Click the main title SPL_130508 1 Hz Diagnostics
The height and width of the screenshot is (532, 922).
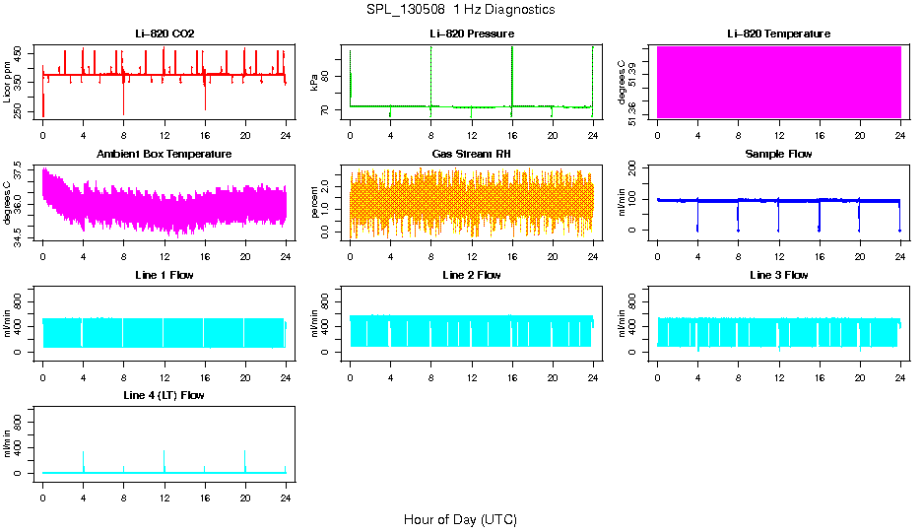point(460,10)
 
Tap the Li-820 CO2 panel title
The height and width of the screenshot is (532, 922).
point(165,34)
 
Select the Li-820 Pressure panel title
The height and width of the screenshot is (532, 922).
point(472,34)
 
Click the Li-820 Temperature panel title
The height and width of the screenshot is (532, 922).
point(778,34)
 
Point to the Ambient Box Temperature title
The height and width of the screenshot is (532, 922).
point(165,155)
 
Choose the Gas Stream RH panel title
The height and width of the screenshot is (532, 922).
point(472,155)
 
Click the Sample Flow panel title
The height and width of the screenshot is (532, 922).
point(778,155)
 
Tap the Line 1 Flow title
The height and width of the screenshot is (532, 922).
point(165,275)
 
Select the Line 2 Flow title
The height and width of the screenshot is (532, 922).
point(472,275)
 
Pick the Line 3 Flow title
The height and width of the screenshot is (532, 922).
point(778,275)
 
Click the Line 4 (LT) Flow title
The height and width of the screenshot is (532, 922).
point(165,395)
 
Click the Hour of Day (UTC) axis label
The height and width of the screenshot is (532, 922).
point(460,519)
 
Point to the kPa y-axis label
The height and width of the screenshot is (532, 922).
point(314,83)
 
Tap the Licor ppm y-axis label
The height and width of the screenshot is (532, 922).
point(8,83)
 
